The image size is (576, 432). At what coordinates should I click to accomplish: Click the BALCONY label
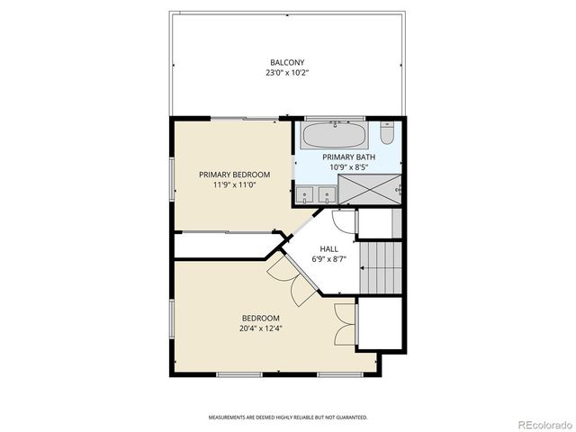tap(286, 62)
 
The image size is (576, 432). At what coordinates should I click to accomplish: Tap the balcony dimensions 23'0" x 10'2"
tap(286, 72)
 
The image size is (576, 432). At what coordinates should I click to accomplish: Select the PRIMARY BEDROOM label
tap(234, 175)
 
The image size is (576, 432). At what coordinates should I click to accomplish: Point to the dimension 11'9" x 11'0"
tap(234, 184)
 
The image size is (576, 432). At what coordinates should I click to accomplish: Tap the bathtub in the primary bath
tap(334, 136)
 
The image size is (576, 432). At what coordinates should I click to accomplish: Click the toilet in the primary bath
tap(386, 134)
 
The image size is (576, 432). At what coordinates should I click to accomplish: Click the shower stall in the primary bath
tap(369, 190)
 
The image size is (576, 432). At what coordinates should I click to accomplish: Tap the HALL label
tap(329, 249)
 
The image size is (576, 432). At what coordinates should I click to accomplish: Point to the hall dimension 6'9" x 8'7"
tap(329, 259)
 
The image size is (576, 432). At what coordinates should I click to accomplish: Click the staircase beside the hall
tap(379, 267)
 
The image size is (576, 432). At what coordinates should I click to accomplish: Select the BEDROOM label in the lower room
tap(260, 319)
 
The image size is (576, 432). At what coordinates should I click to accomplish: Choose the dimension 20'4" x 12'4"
tap(260, 328)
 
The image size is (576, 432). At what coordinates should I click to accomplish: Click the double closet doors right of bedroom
tap(344, 324)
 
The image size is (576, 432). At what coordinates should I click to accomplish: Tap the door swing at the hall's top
tap(343, 220)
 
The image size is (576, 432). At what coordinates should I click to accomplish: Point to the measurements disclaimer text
tap(288, 418)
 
